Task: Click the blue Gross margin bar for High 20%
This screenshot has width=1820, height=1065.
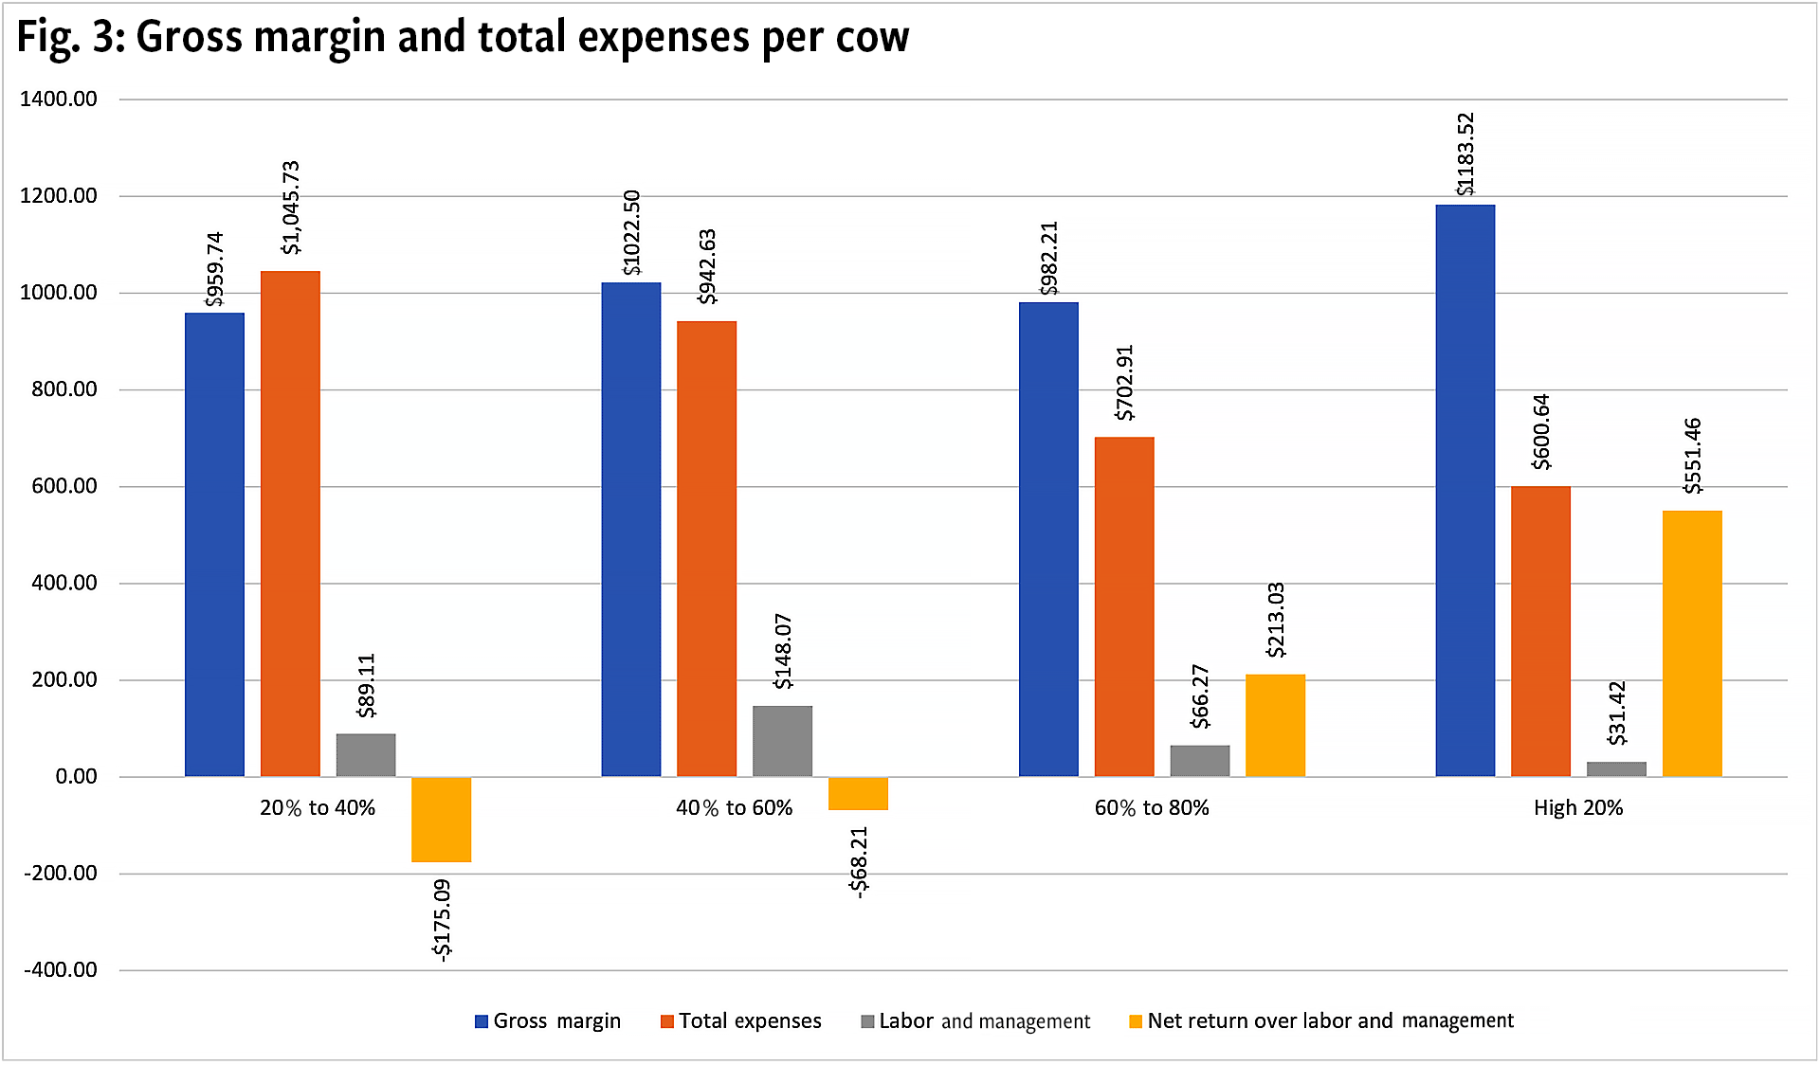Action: click(x=1465, y=491)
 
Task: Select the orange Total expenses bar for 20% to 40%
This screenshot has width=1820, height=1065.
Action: click(x=290, y=524)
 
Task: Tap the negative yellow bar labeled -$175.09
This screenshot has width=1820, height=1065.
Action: click(x=441, y=820)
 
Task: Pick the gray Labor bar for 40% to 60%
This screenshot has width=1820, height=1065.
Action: click(x=782, y=741)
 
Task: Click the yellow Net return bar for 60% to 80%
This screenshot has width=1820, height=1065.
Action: click(x=1275, y=726)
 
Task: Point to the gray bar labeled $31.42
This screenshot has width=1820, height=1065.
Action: click(x=1616, y=768)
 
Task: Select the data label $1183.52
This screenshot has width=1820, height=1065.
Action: click(x=1465, y=154)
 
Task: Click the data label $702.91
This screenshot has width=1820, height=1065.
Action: click(x=1124, y=383)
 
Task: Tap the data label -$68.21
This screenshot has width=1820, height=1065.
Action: click(x=858, y=861)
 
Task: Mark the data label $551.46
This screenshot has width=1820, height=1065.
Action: click(x=1692, y=456)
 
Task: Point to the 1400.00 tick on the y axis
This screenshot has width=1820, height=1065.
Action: click(x=59, y=99)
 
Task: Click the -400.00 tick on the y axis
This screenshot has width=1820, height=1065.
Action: click(x=61, y=970)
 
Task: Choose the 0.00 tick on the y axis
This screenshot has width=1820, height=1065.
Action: click(x=76, y=777)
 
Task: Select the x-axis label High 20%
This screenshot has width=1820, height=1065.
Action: click(x=1578, y=808)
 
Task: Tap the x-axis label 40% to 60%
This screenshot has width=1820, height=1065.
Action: click(x=734, y=808)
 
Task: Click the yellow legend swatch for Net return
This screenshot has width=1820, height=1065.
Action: click(x=1136, y=1021)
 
